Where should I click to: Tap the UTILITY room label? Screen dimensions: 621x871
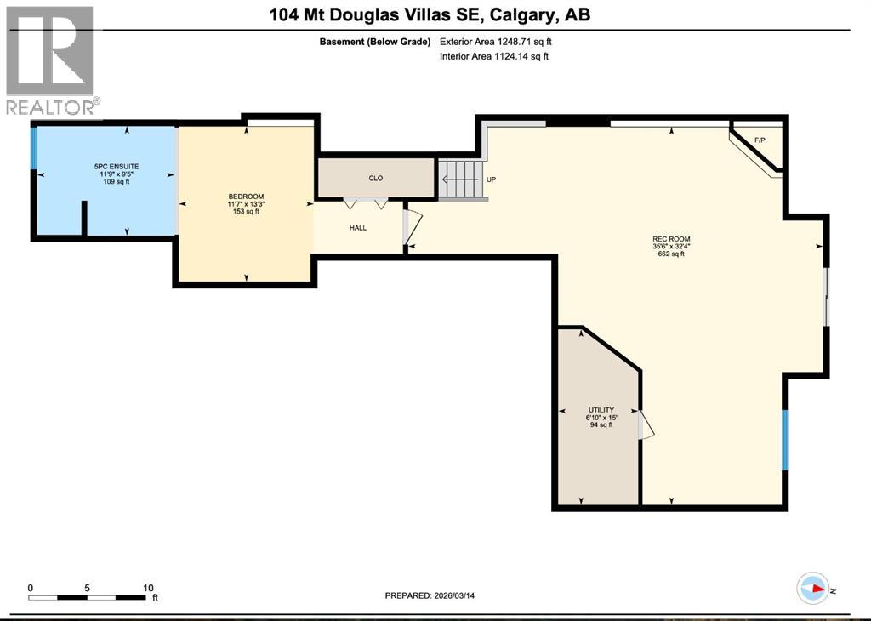(601, 410)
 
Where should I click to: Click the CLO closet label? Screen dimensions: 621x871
(375, 178)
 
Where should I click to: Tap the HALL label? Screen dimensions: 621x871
(358, 228)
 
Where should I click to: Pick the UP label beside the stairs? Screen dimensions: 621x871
(491, 179)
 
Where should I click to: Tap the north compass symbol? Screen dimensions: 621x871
(813, 589)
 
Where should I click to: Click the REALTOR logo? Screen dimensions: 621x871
(50, 60)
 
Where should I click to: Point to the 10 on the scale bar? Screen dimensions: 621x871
(147, 588)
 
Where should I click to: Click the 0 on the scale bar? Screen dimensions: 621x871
(30, 588)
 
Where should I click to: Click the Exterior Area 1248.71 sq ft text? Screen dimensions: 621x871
(501, 41)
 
